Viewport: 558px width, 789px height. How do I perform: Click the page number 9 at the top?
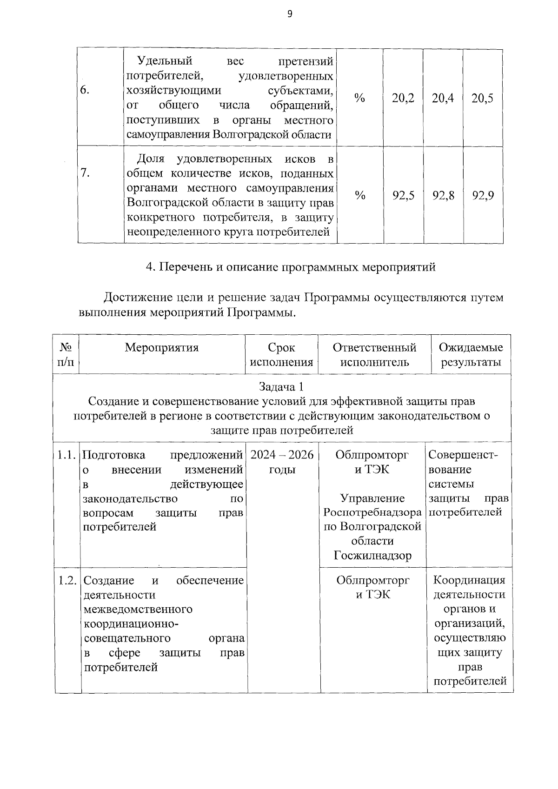tap(290, 14)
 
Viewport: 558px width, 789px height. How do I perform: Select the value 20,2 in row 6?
tap(403, 98)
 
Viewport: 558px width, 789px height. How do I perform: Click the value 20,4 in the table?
tap(443, 98)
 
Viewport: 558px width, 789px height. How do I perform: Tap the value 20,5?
tap(483, 98)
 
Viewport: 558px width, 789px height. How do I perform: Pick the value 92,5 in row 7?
tap(403, 195)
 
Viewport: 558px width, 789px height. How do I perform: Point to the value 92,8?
tap(443, 195)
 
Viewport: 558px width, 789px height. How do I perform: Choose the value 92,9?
tap(483, 195)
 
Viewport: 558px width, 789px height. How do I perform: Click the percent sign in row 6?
tap(359, 98)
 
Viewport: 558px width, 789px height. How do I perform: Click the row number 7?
tap(85, 173)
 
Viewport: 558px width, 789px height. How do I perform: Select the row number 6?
tap(85, 90)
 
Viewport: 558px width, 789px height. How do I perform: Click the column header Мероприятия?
tap(161, 348)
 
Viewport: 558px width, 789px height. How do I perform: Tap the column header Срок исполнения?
tap(281, 355)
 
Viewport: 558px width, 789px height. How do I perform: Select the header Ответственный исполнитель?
tap(374, 355)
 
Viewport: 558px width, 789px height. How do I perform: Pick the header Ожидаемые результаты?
tap(471, 355)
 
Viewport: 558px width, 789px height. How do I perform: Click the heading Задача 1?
tap(281, 387)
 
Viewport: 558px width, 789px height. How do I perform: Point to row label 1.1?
tap(66, 455)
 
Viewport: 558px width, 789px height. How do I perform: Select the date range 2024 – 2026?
tap(282, 455)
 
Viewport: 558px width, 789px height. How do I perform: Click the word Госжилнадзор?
tap(372, 556)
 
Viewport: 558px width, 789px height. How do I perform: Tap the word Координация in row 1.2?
tap(469, 580)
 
